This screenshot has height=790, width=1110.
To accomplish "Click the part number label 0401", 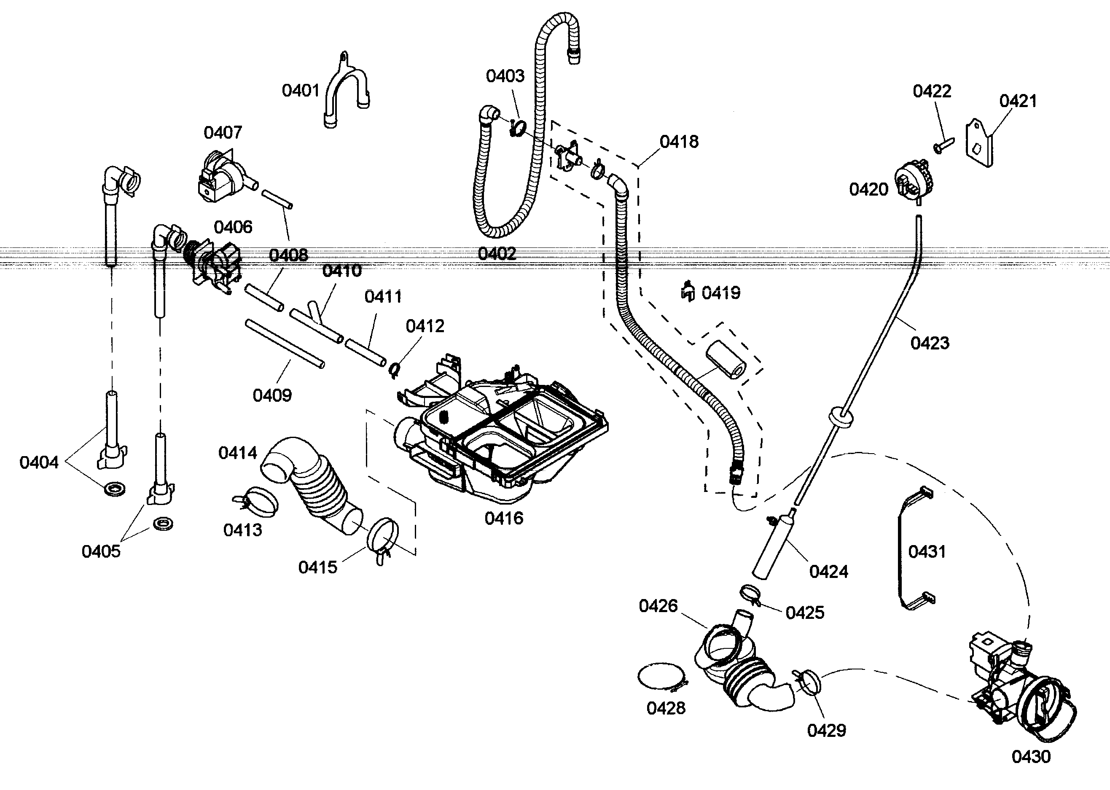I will click(300, 91).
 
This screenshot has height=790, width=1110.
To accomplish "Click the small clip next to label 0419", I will click(687, 292).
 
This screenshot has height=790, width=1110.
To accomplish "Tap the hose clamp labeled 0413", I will click(257, 501).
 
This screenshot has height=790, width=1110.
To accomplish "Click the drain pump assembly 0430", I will click(1016, 691).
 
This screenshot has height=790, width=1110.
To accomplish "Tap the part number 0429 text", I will click(826, 730).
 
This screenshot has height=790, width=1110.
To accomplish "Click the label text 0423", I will click(930, 344).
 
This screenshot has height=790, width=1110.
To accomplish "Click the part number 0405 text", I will click(101, 552).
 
